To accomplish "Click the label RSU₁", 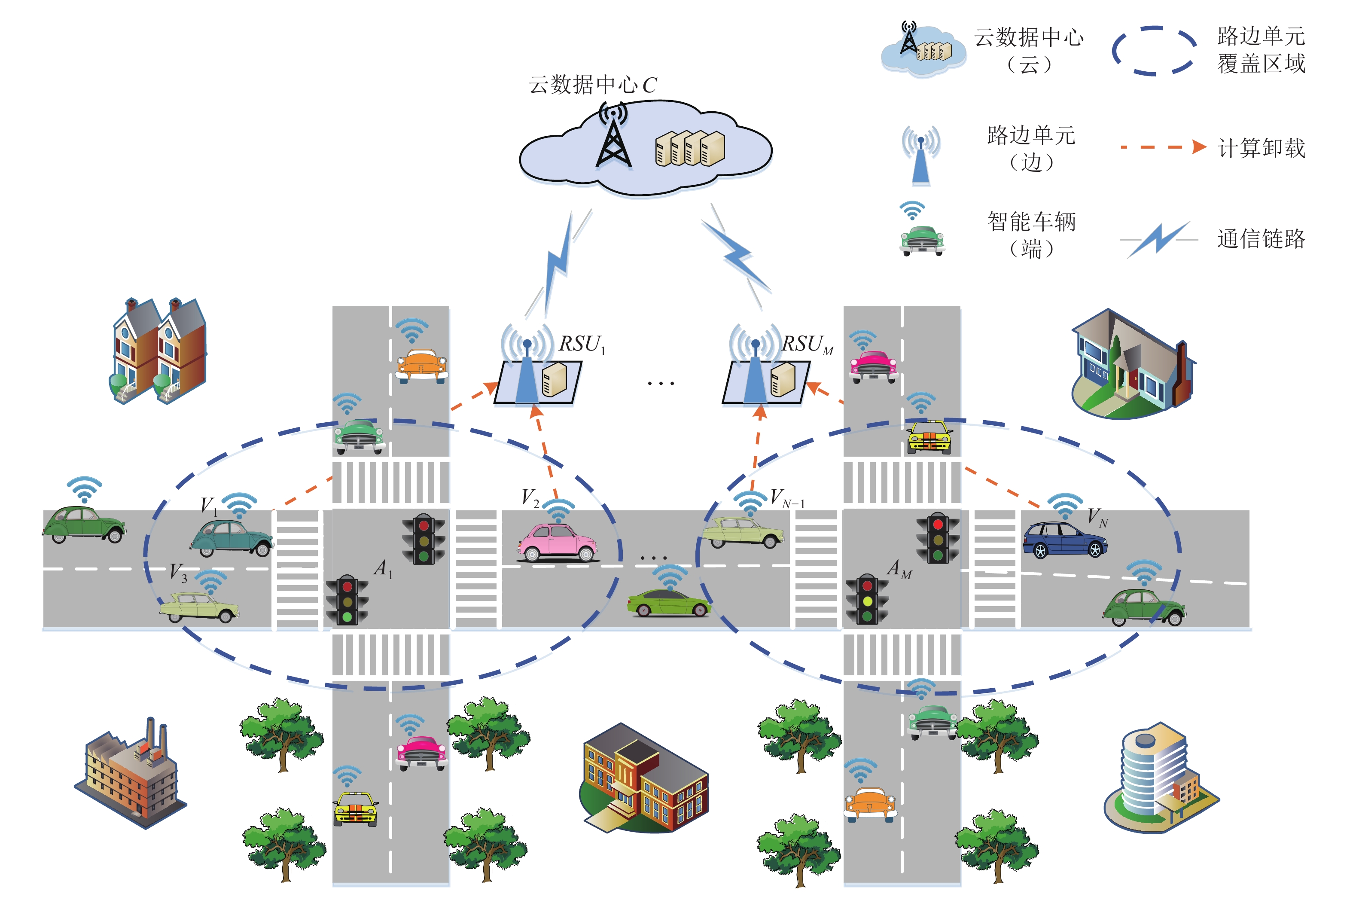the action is point(582,345).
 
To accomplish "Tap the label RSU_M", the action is point(808,345).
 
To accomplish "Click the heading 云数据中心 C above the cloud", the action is point(592,85).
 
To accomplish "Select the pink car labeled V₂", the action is point(557,543).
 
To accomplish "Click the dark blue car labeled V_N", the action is point(1064,540).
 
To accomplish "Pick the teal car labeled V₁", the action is point(231,538).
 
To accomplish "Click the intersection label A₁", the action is point(383,568).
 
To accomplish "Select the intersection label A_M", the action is point(899,569).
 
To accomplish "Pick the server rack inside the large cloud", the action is point(690,148).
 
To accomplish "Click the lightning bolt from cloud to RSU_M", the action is point(736,256).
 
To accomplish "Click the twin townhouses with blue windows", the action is point(158,351).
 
